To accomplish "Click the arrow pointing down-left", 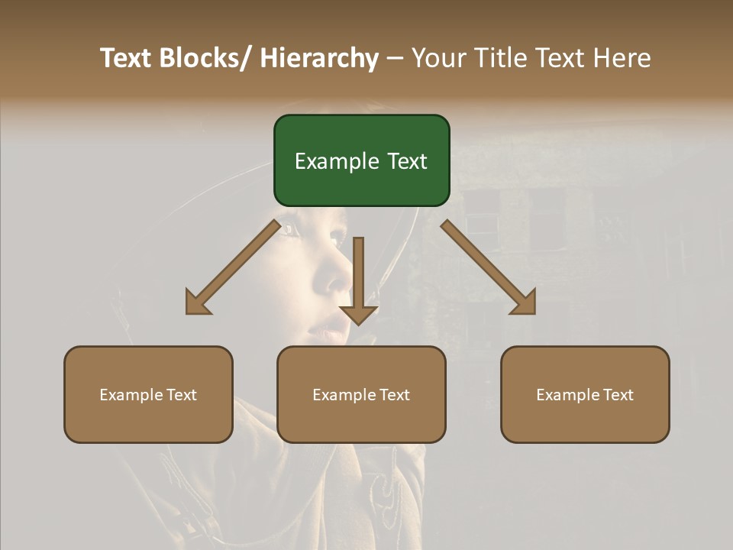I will pos(233,267).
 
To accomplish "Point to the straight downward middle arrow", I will pos(358,280).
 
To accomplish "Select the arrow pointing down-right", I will pos(488,267).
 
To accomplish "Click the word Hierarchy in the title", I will pos(319,58).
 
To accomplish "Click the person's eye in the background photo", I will pos(289,229).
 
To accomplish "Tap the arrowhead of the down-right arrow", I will pos(524,302).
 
